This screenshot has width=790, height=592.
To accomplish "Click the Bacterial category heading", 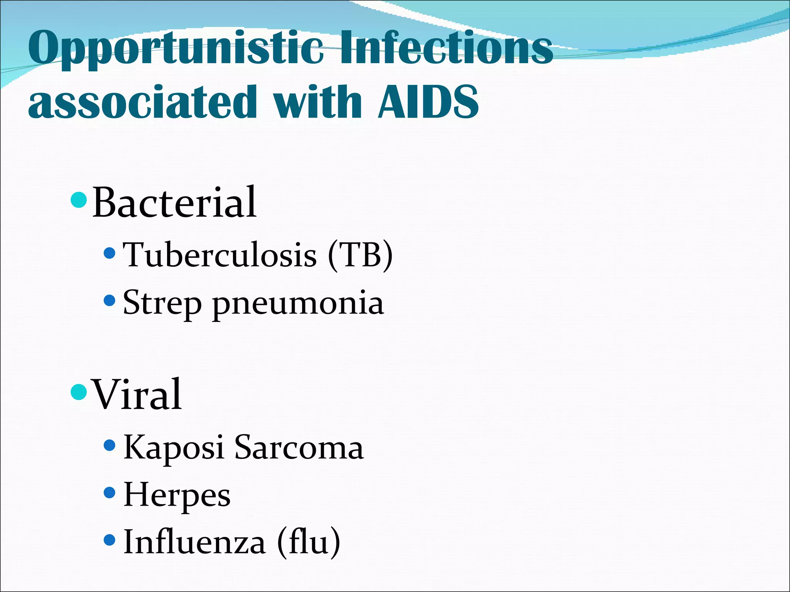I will (x=174, y=202).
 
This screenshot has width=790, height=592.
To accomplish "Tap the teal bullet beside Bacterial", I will (x=79, y=200).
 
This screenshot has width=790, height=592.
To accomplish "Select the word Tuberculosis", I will (x=219, y=255).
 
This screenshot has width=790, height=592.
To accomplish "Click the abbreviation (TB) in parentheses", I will (x=360, y=255).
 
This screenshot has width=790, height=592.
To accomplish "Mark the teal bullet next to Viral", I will (x=79, y=392).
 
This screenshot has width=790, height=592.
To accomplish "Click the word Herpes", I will (x=177, y=496).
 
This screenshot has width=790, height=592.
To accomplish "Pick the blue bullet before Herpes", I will (x=110, y=493).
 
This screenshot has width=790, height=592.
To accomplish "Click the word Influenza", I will (x=194, y=542).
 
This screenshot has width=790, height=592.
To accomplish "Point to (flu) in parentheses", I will (x=309, y=542).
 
